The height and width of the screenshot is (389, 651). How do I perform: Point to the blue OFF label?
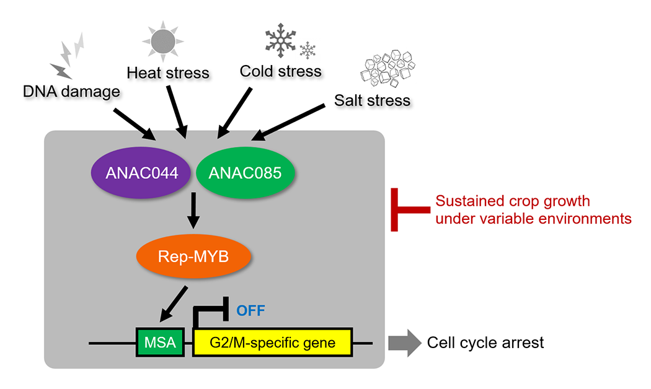pos(250,310)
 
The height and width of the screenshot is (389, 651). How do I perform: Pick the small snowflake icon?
pos(308,51)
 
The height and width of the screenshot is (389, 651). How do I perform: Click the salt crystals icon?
pos(387,69)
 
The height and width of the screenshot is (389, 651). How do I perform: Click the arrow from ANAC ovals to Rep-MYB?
pos(193,211)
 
